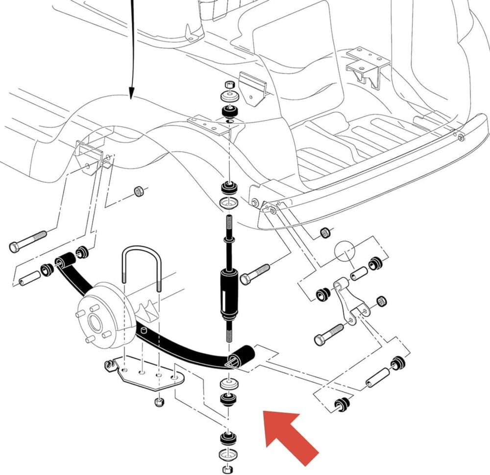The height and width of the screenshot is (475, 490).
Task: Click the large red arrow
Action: [289, 435]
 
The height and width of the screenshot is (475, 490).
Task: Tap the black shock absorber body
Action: [230, 294]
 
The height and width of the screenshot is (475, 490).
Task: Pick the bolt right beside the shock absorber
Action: [255, 274]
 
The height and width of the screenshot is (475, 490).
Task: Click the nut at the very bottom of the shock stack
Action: [226, 469]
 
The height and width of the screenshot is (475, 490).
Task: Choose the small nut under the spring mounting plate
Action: [159, 403]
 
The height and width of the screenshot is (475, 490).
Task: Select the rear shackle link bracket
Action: [350, 301]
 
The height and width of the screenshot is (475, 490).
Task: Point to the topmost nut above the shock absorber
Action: [228, 85]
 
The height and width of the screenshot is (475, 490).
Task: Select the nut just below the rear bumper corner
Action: [324, 231]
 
